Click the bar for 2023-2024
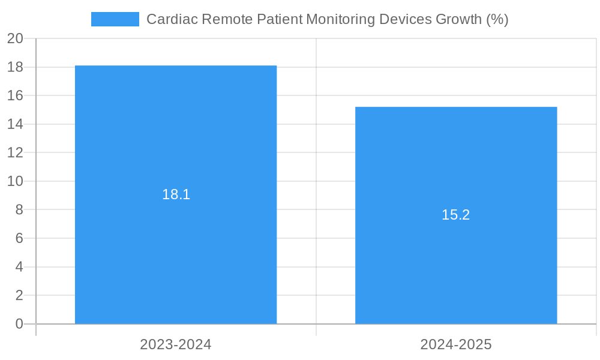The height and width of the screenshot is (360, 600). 176,252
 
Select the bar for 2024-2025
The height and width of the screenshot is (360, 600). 456,270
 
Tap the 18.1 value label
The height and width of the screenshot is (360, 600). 176,194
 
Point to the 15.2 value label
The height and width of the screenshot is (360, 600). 456,215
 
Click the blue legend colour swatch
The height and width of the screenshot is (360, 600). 115,19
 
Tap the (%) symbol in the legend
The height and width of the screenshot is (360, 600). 497,19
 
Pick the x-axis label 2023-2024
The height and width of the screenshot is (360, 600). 176,344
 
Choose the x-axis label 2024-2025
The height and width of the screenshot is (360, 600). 456,344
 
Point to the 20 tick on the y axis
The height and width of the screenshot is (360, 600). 15,38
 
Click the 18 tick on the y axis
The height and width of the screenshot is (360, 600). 15,67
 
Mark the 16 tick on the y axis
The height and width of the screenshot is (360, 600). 15,95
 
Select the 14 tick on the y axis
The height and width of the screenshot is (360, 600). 15,124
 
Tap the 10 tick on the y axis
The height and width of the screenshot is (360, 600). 15,181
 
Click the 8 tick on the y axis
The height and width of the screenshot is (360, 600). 19,209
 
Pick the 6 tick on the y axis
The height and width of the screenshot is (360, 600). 19,238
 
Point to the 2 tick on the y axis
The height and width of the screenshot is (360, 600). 19,295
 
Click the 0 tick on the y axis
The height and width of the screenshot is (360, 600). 19,324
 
